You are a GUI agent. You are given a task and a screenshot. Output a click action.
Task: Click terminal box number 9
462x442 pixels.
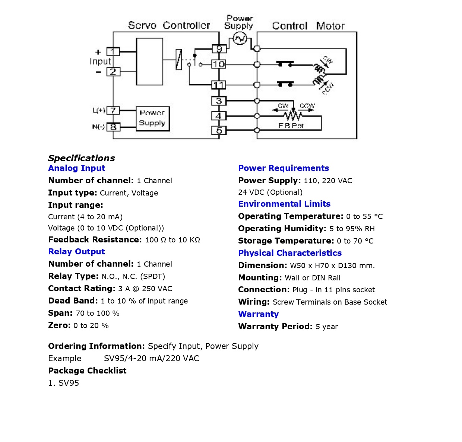point(219,49)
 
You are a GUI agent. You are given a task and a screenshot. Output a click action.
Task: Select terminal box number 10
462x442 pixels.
point(219,64)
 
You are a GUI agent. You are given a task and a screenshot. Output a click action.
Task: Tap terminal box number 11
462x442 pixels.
point(219,85)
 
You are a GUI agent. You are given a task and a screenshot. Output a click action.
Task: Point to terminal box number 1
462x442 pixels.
point(113,51)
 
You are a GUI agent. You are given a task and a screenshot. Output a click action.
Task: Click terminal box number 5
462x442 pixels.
point(219,130)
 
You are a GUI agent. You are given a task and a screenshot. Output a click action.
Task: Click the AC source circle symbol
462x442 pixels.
point(240,38)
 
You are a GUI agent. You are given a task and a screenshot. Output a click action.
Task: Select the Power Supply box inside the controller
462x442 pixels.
point(152,118)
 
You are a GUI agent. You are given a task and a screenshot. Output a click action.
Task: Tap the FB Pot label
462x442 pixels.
point(291,126)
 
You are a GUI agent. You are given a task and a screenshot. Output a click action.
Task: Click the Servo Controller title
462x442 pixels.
point(169,25)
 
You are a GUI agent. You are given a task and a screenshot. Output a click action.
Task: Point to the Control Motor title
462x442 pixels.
point(308,26)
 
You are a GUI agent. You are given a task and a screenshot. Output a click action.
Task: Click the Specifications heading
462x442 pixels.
point(81,158)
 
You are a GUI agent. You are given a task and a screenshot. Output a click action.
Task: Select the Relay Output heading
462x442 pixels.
point(76,252)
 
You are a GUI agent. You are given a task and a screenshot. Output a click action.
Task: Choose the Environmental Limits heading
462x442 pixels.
point(284,204)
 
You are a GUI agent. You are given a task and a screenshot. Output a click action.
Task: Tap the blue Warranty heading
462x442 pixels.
point(258,314)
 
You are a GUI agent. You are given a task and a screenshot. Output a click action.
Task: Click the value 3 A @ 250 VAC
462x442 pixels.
point(145,289)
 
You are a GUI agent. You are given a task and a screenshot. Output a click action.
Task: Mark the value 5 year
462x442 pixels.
point(327,327)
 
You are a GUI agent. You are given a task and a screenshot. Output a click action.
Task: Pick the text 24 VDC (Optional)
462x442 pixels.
point(270,193)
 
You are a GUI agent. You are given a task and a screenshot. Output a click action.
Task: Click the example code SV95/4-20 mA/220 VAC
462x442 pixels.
point(151,359)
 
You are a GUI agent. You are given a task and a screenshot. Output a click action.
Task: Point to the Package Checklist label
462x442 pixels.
point(87,371)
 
